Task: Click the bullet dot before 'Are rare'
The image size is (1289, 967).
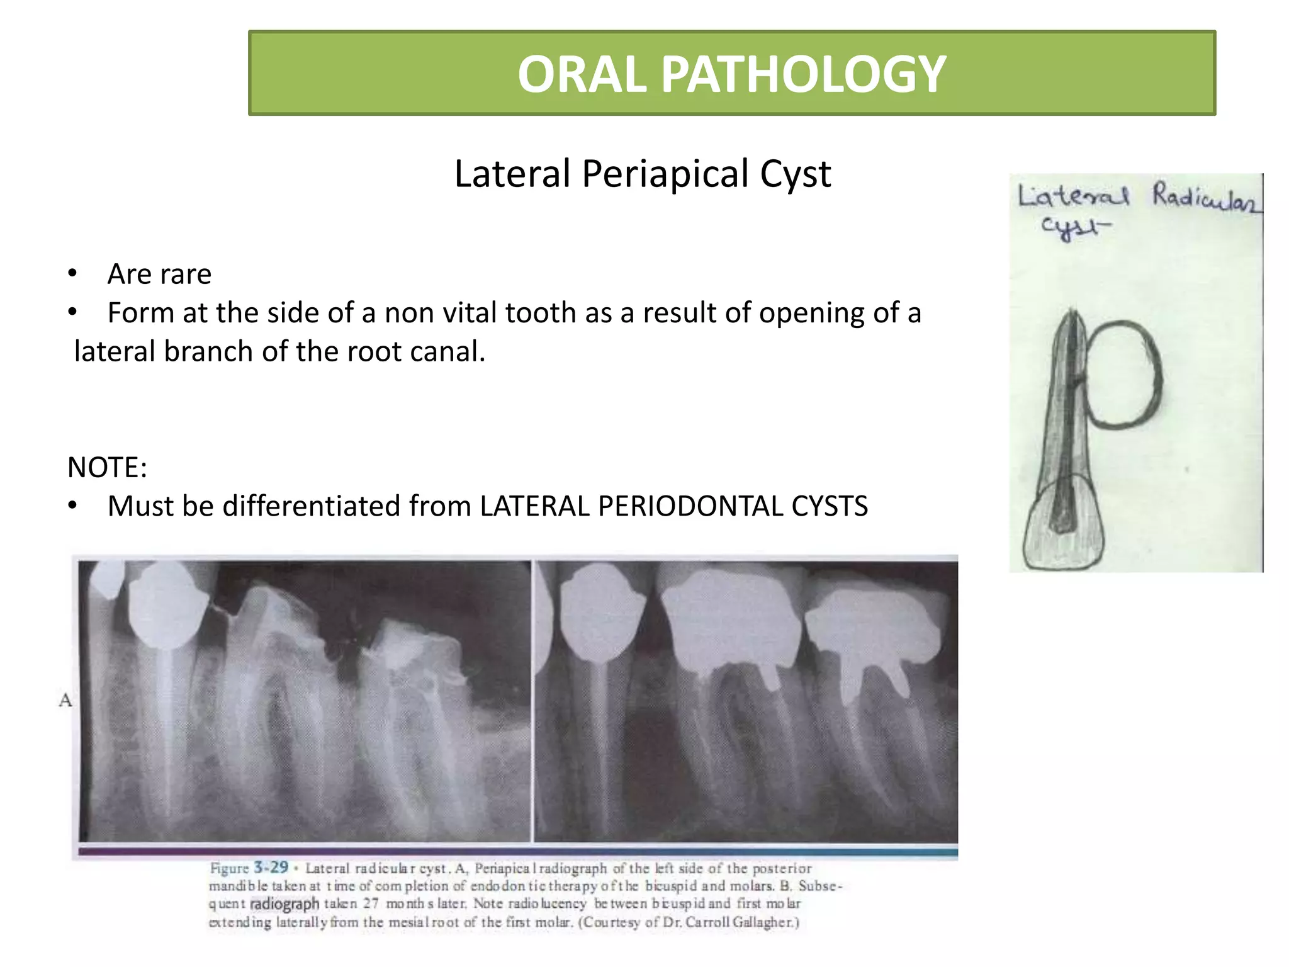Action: coord(72,273)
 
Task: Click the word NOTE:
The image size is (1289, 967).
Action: coord(107,468)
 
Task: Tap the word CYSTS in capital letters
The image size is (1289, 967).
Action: coord(829,507)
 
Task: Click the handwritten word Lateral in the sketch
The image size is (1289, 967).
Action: coord(1074,196)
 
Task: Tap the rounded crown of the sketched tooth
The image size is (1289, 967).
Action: coord(1063,529)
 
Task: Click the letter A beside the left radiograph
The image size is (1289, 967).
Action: coord(65,700)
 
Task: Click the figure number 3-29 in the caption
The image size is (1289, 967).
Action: coord(271,868)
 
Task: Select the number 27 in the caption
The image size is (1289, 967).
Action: coord(371,903)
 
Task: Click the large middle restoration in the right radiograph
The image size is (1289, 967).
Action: coord(730,623)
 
